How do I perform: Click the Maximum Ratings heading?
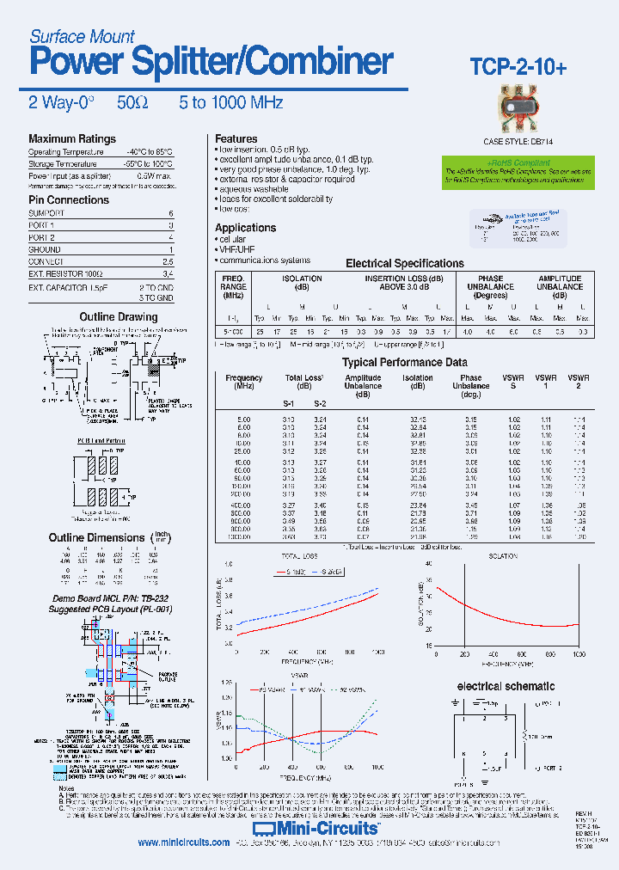[x=72, y=138]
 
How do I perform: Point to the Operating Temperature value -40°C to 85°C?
[x=150, y=152]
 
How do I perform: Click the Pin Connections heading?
[x=69, y=199]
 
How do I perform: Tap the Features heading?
[x=236, y=138]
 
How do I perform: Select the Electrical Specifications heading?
[x=404, y=263]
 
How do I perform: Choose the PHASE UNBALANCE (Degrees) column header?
[x=491, y=287]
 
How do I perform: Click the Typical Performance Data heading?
[x=405, y=362]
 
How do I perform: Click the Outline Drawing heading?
[x=119, y=316]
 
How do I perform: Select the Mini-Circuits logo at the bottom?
[x=330, y=829]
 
